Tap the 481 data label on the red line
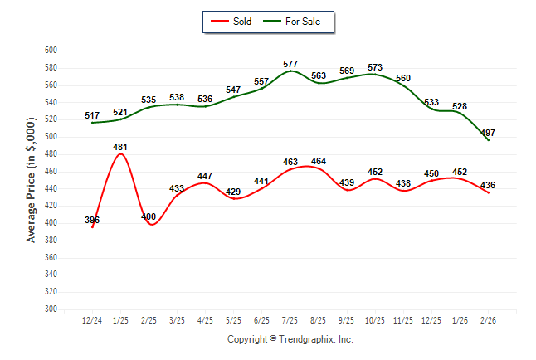[120, 146]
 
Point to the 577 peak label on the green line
[290, 63]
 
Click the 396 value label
[91, 220]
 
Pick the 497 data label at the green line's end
[488, 133]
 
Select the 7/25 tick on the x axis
[290, 319]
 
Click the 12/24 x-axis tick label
[92, 319]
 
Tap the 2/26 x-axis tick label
[488, 319]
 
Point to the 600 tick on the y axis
[50, 51]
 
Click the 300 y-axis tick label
[50, 309]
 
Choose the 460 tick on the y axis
[50, 172]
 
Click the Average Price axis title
[32, 179]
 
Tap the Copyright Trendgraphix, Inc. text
[290, 339]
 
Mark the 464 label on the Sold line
[319, 160]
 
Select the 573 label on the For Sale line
[375, 67]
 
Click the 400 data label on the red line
[149, 216]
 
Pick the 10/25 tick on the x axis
[375, 319]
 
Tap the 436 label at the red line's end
[488, 184]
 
